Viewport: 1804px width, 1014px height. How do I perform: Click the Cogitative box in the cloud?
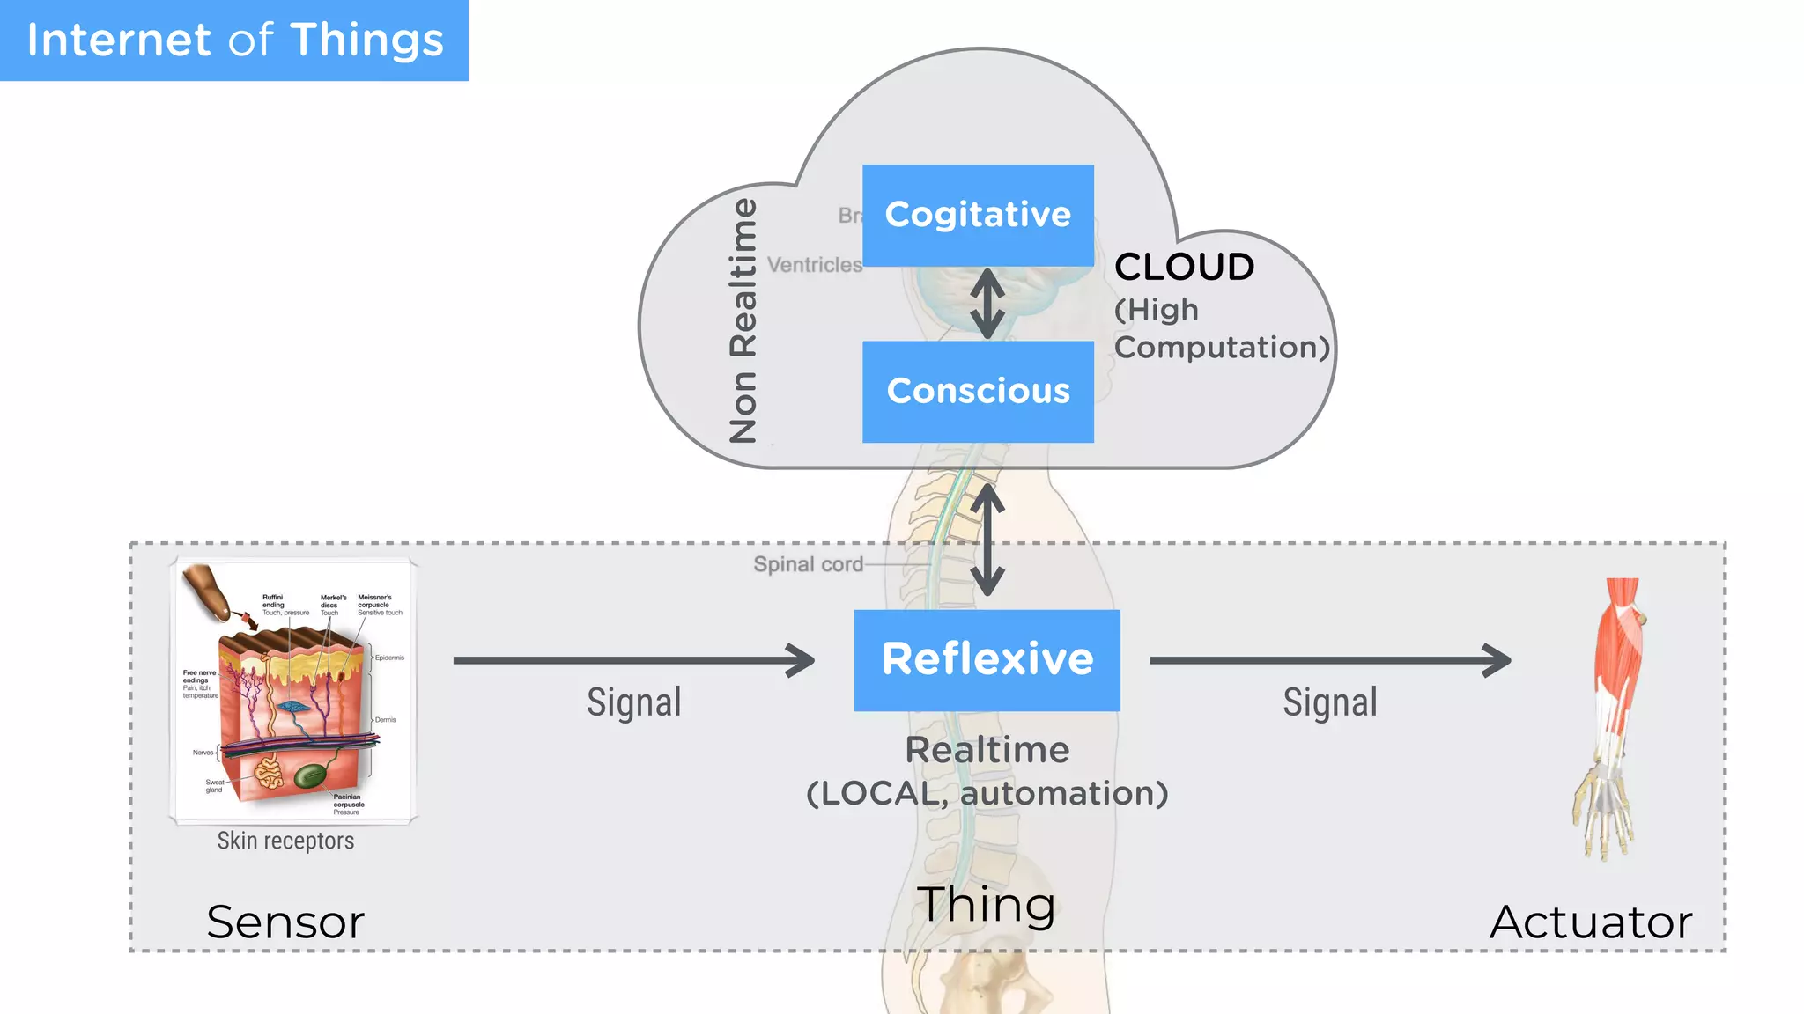978,215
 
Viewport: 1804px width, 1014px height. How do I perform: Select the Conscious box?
978,391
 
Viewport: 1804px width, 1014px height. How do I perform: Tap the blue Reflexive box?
987,659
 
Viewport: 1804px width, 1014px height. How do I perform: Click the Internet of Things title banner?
234,40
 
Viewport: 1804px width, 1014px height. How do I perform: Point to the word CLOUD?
1184,267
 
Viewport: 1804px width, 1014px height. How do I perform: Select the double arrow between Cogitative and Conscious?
987,304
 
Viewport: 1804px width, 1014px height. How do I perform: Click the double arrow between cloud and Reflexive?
987,540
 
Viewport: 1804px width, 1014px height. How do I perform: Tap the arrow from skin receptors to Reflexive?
634,660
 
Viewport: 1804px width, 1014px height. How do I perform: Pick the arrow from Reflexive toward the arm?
1330,660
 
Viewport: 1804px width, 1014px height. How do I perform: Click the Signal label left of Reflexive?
634,702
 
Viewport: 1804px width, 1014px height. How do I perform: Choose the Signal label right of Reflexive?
1329,702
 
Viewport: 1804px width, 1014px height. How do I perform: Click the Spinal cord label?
808,564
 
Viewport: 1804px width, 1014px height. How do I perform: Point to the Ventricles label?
814,265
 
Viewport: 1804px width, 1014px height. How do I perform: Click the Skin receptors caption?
285,841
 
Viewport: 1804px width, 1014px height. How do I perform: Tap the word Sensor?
285,922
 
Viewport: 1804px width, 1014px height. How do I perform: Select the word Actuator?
1591,922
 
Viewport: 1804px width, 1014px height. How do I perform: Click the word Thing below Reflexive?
986,905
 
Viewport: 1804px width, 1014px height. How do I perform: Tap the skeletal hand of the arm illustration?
1605,814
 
